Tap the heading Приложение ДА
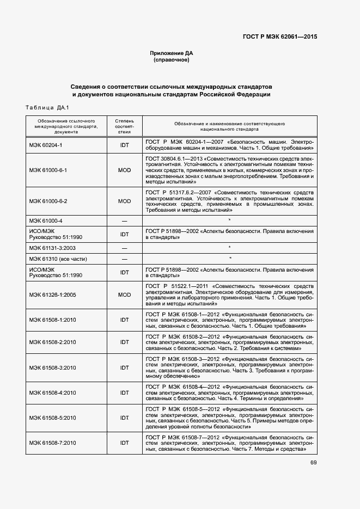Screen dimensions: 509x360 (x=172, y=53)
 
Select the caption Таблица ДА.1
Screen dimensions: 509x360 (x=47, y=107)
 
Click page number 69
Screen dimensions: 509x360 (x=314, y=463)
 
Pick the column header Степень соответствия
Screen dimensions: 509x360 (x=124, y=125)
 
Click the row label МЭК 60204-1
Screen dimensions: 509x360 (x=46, y=145)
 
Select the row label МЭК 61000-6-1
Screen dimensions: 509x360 (x=48, y=170)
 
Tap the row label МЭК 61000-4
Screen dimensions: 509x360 (x=46, y=220)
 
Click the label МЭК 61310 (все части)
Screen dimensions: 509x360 (x=58, y=259)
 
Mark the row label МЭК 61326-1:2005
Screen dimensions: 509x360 (x=53, y=295)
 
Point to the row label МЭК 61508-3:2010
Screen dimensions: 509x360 (x=53, y=368)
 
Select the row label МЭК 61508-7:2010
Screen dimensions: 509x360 (x=53, y=443)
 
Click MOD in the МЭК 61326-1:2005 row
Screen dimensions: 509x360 (x=124, y=295)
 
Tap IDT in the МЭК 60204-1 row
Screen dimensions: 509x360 (x=124, y=145)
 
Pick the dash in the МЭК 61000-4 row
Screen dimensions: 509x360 (x=124, y=220)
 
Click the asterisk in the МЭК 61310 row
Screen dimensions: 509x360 (x=230, y=259)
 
